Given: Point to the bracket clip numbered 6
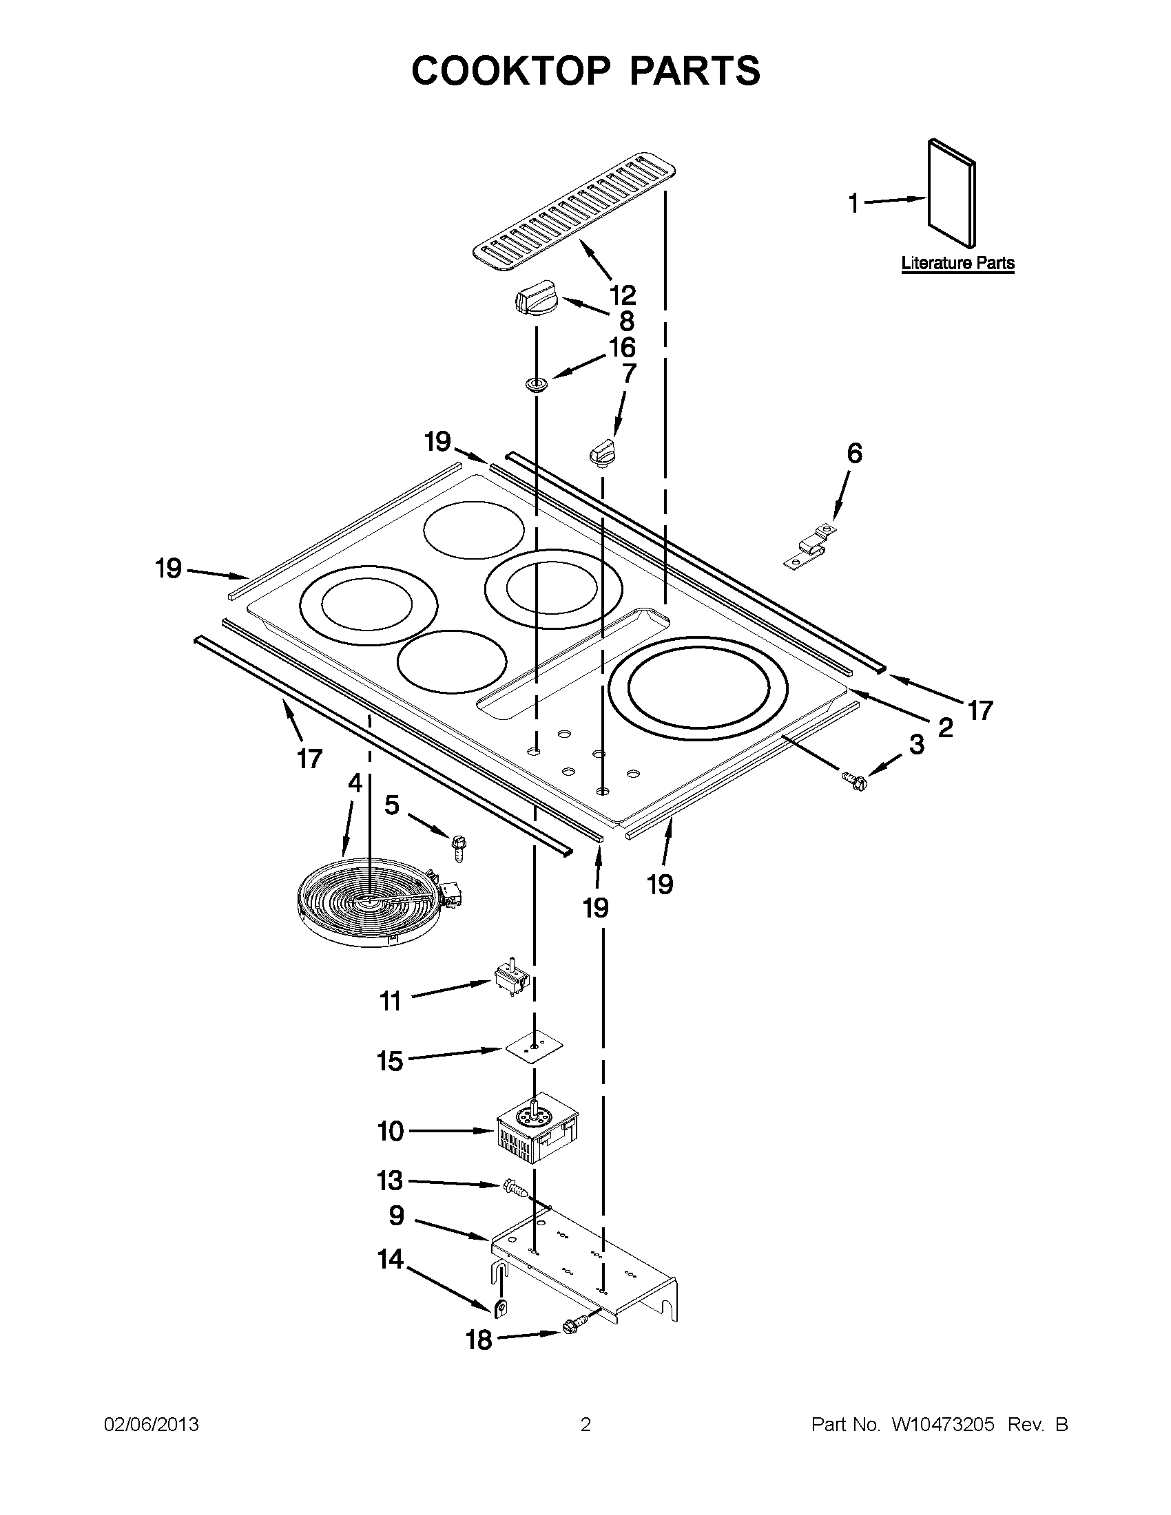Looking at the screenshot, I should [810, 547].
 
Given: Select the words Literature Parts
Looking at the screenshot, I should [957, 263].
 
